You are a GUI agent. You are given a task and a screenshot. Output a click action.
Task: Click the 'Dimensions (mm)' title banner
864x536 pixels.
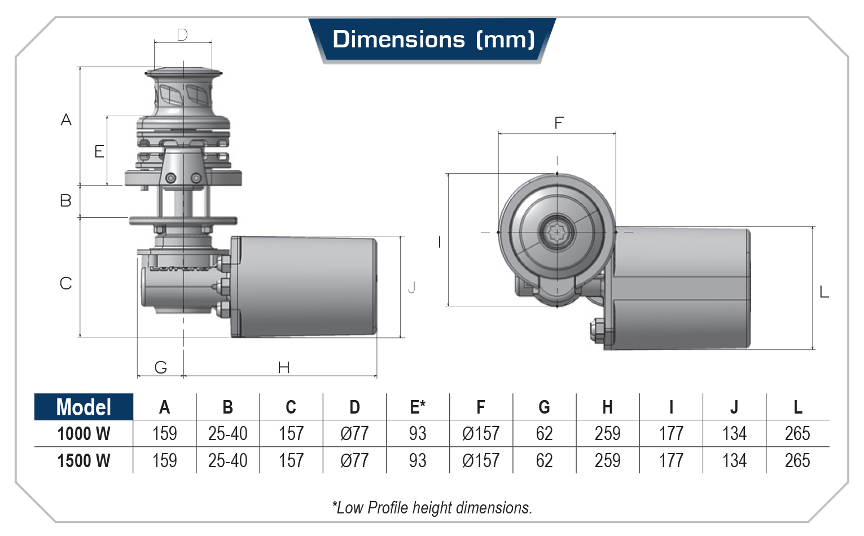pyautogui.click(x=433, y=39)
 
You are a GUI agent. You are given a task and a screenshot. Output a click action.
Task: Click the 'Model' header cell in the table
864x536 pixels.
pyautogui.click(x=84, y=407)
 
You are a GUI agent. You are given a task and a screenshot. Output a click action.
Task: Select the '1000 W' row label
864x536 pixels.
pyautogui.click(x=84, y=434)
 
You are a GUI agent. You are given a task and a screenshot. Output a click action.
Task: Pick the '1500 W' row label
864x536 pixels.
pyautogui.click(x=84, y=461)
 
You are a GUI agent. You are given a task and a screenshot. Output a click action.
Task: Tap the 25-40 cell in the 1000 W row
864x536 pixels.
pyautogui.click(x=227, y=434)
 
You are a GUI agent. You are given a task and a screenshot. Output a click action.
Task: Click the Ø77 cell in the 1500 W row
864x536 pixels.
pyautogui.click(x=354, y=461)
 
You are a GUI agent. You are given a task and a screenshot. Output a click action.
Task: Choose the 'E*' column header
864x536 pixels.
pyautogui.click(x=418, y=407)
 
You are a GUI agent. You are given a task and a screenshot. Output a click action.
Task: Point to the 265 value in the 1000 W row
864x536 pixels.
pyautogui.click(x=797, y=434)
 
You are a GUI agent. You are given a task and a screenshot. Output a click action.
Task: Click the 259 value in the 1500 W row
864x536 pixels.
pyautogui.click(x=607, y=461)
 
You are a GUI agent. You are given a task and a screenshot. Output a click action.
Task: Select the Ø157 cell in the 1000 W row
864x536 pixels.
pyautogui.click(x=481, y=434)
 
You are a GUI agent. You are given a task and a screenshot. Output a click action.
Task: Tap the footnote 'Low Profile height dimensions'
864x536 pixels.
pyautogui.click(x=432, y=508)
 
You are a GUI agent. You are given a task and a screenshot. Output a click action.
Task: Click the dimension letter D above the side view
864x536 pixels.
pyautogui.click(x=182, y=35)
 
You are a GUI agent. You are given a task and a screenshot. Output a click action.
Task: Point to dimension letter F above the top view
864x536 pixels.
pyautogui.click(x=559, y=123)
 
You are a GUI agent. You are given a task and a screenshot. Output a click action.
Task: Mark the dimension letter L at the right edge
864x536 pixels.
pyautogui.click(x=824, y=292)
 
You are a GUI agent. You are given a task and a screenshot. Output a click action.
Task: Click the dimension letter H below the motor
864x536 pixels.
pyautogui.click(x=283, y=368)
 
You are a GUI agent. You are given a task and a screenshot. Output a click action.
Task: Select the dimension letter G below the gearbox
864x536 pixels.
pyautogui.click(x=161, y=368)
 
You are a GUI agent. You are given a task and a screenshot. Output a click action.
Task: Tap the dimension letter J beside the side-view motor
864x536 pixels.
pyautogui.click(x=412, y=287)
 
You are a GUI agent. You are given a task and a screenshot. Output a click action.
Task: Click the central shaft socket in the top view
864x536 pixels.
pyautogui.click(x=557, y=232)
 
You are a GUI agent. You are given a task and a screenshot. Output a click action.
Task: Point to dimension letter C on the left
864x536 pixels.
pyautogui.click(x=66, y=283)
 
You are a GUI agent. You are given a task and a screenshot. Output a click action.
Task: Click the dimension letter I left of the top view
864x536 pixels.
pyautogui.click(x=440, y=242)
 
